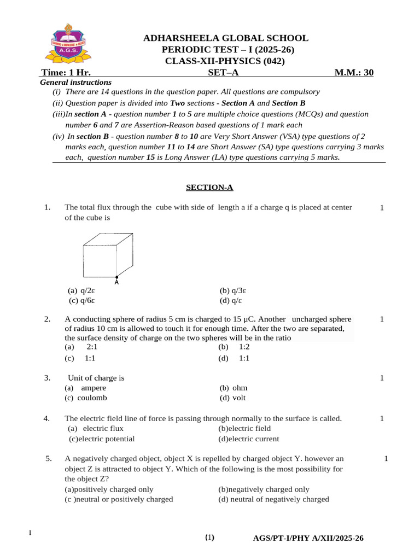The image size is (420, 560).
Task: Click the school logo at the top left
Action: [x=68, y=44]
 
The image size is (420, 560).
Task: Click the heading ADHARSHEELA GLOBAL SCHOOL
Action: [x=225, y=38]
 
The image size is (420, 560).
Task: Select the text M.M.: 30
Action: [x=354, y=73]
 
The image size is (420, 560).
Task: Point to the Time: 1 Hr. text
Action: [x=66, y=73]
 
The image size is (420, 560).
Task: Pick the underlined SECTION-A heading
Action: [x=209, y=188]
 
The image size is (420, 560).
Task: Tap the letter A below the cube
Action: [x=117, y=282]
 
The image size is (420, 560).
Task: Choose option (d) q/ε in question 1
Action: [x=231, y=301]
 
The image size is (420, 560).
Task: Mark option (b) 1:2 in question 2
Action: [x=234, y=347]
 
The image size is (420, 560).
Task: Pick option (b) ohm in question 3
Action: [x=233, y=388]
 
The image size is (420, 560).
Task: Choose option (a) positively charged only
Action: [x=109, y=489]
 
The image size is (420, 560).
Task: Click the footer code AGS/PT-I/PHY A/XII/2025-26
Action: [x=308, y=539]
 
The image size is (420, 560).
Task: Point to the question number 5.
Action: [x=49, y=458]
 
